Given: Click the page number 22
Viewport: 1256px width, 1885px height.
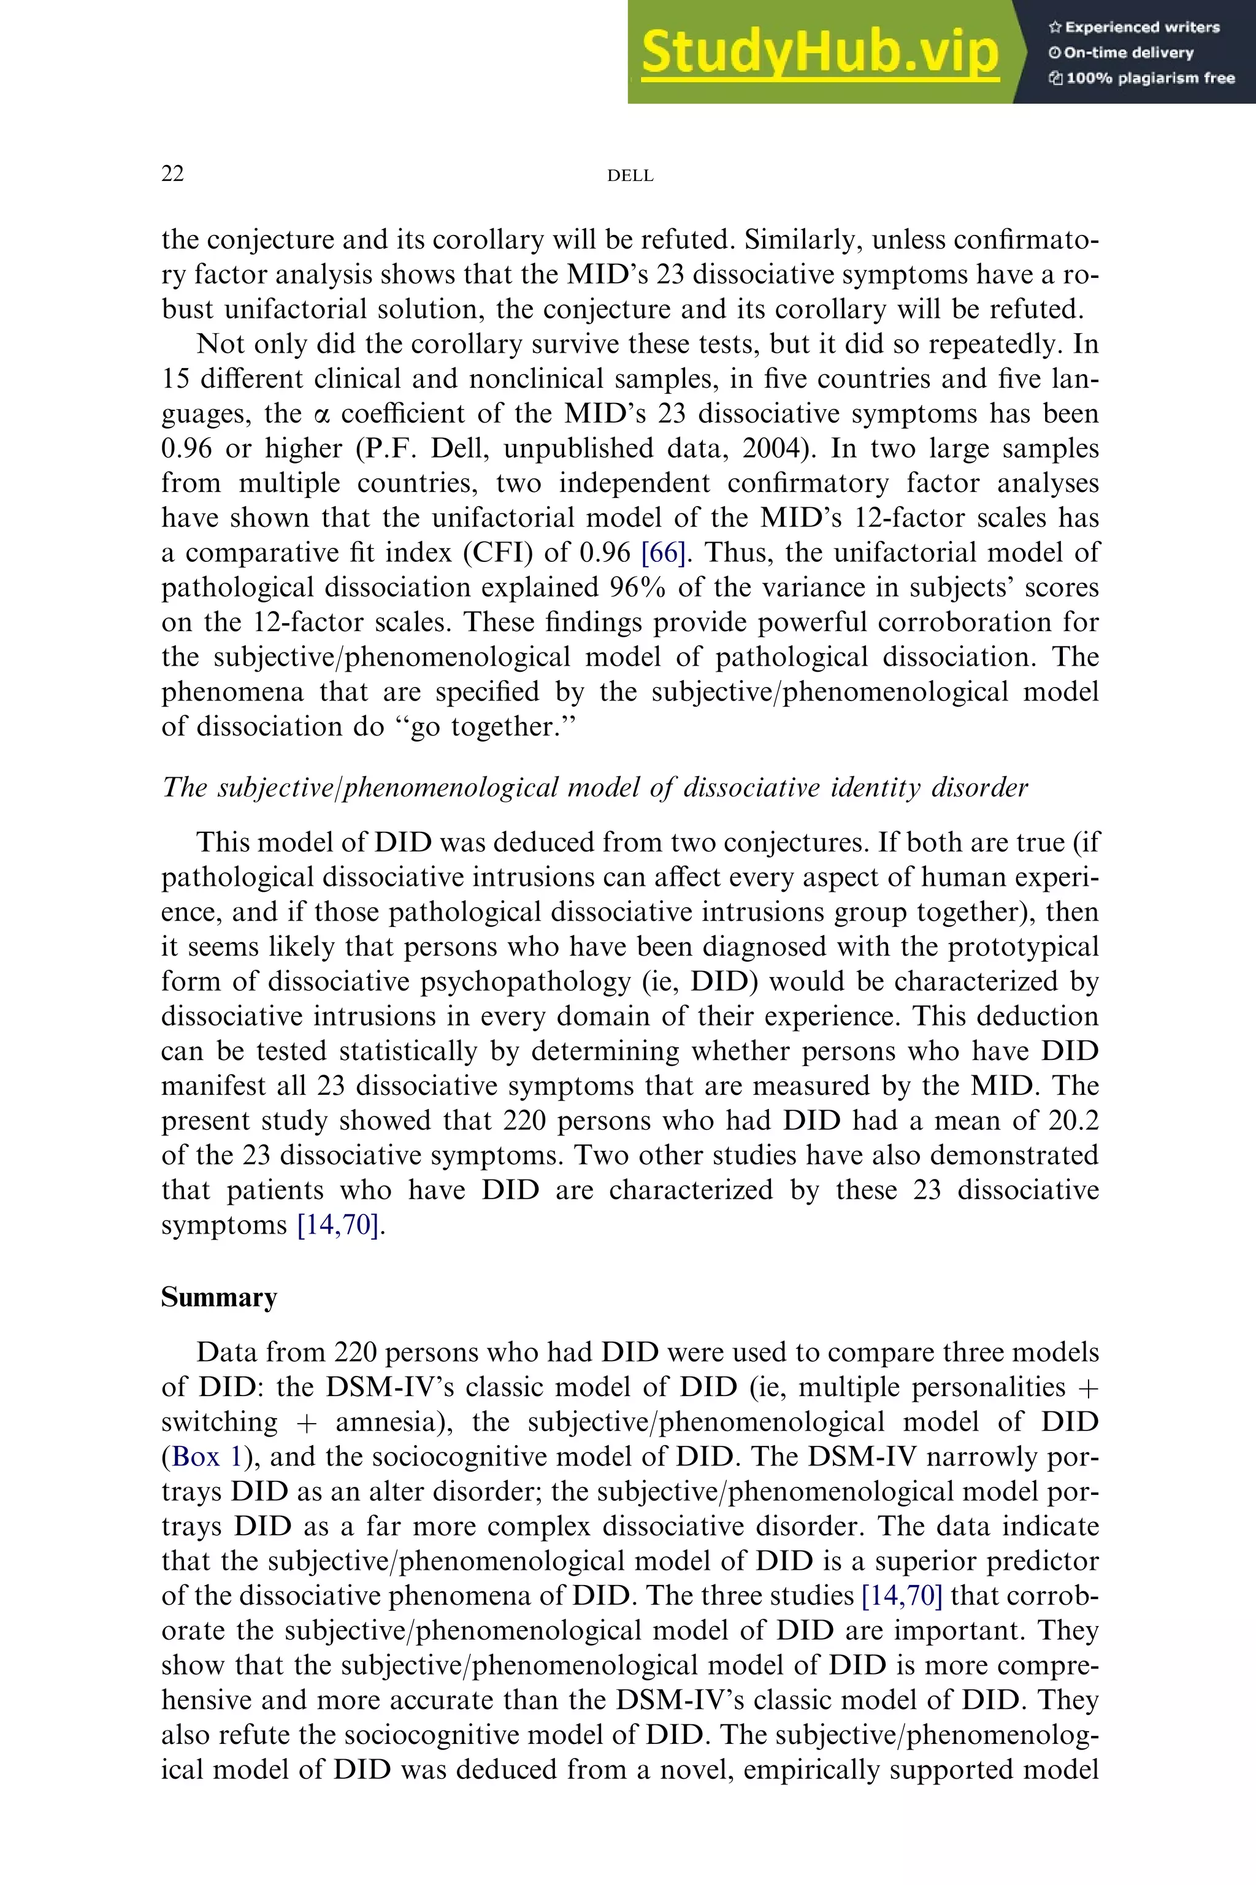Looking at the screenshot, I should pyautogui.click(x=172, y=174).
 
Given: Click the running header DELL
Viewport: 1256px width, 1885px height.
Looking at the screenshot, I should pyautogui.click(x=630, y=175).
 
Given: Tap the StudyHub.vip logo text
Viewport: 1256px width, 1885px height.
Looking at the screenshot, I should pyautogui.click(x=819, y=52).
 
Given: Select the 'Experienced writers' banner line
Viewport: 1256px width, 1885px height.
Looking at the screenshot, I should pyautogui.click(x=1134, y=27).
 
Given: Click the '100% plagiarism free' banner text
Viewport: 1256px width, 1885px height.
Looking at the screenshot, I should pyautogui.click(x=1141, y=79).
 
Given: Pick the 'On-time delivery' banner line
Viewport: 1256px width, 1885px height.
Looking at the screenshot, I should pyautogui.click(x=1122, y=53).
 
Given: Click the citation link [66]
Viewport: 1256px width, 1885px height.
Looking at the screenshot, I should pyautogui.click(x=663, y=553).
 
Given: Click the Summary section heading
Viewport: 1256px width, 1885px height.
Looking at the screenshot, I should pyautogui.click(x=219, y=1297).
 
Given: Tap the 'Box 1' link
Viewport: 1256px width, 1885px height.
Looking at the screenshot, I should pyautogui.click(x=206, y=1456).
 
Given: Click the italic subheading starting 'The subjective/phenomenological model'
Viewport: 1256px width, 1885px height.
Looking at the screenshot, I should pyautogui.click(x=594, y=788).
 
